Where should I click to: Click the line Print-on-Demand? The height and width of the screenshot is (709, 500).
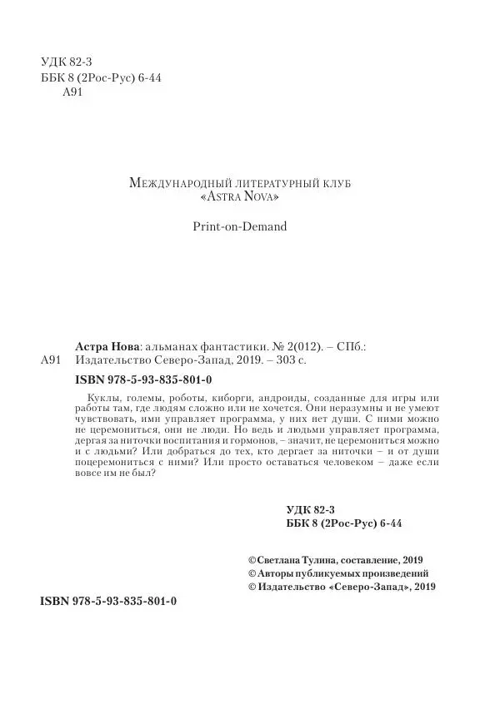coord(238,226)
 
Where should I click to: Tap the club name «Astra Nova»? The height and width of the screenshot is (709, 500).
coord(239,198)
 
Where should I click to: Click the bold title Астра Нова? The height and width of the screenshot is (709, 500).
coord(102,345)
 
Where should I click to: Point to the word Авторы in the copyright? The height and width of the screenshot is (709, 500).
coord(278,573)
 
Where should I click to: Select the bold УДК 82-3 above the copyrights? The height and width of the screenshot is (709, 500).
coord(310,508)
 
